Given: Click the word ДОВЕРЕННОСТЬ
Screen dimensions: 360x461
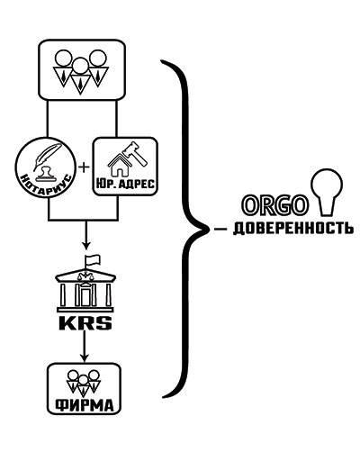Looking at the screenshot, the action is click(x=292, y=229).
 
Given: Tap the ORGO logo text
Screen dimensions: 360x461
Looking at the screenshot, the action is click(x=274, y=205).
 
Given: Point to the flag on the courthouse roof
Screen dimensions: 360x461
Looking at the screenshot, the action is click(x=92, y=260).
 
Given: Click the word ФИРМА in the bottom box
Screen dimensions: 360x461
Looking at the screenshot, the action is click(x=85, y=405).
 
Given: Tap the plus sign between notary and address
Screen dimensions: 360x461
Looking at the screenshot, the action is click(x=85, y=167).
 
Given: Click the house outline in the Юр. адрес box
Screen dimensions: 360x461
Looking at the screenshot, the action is click(x=119, y=166).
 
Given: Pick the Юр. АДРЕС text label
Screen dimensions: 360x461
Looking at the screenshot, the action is click(x=125, y=184).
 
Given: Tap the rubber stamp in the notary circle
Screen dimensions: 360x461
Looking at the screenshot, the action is click(x=46, y=174).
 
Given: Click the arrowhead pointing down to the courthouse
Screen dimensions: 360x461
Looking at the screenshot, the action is click(x=86, y=246).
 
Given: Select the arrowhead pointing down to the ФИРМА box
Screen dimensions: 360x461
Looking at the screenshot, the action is click(x=85, y=357).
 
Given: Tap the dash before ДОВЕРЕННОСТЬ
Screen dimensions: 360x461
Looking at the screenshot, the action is click(x=220, y=230).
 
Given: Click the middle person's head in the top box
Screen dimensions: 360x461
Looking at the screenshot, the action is click(x=80, y=66).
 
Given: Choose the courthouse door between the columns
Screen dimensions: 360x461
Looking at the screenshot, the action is click(x=85, y=296).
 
